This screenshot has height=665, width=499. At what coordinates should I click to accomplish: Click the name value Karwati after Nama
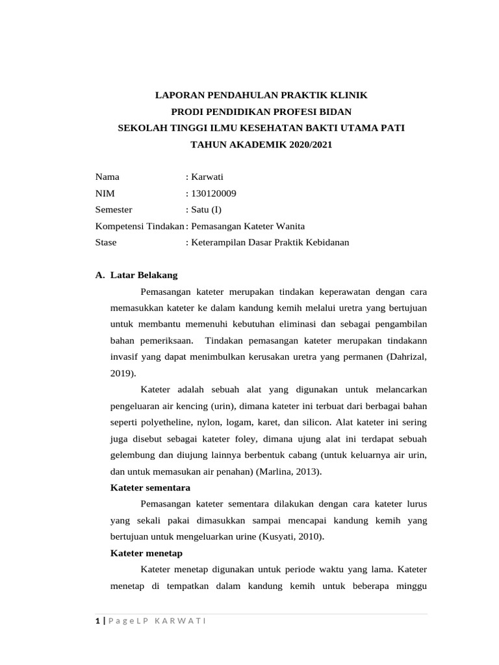tap(206, 176)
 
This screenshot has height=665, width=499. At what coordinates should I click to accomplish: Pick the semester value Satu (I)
tap(206, 209)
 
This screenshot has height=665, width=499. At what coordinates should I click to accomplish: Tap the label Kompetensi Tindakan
tap(140, 226)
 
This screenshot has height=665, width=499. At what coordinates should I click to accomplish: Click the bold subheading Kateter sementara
tap(148, 488)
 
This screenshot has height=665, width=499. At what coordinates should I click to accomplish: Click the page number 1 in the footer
tap(97, 621)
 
